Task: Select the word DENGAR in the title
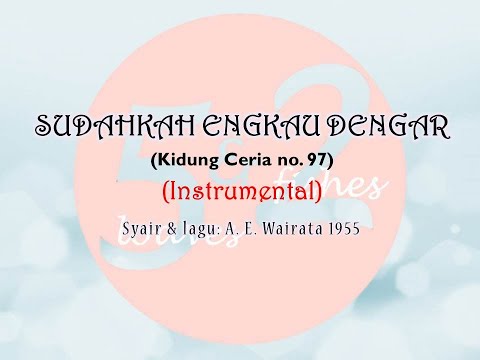click(x=380, y=128)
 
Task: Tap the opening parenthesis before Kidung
click(x=153, y=158)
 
